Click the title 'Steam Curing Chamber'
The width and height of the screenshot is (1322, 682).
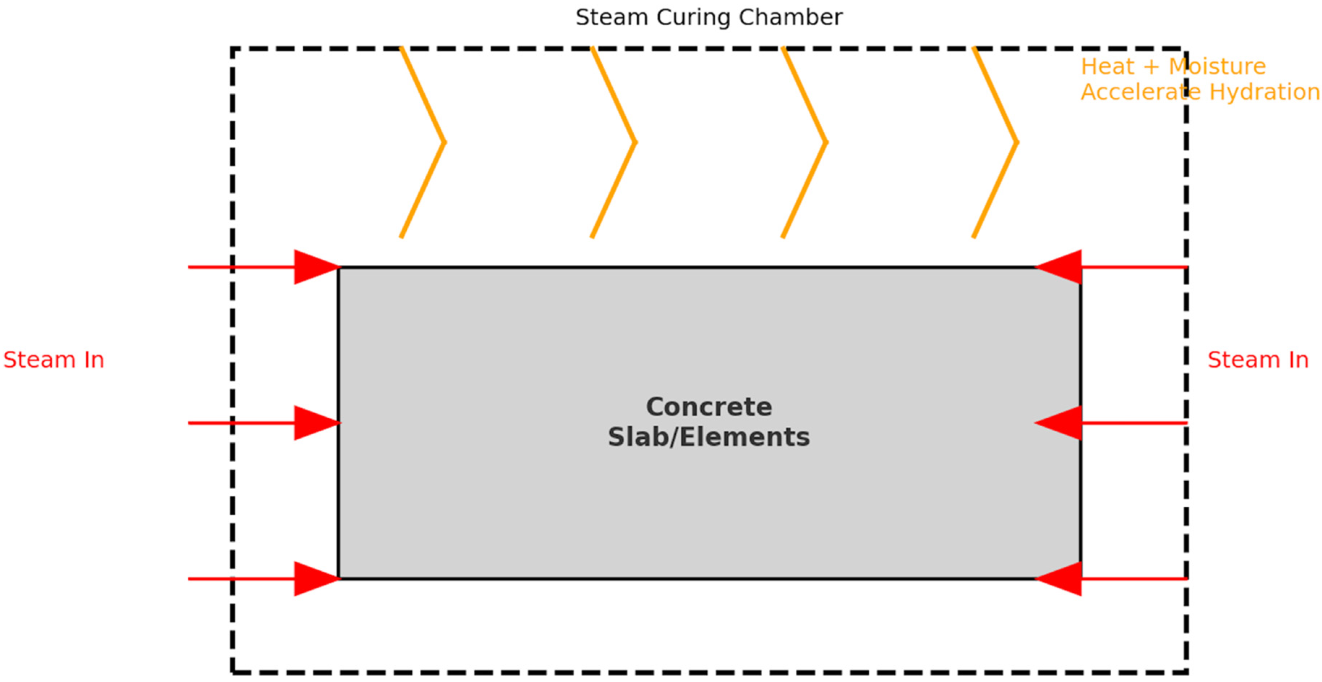click(709, 17)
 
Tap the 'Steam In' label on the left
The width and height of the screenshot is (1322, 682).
click(54, 360)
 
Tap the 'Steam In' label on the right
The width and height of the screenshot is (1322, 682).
click(1258, 360)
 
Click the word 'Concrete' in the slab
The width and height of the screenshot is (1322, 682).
click(709, 407)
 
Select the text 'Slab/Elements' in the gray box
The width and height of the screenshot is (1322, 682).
click(709, 437)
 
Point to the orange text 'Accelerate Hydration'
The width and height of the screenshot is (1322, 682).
click(1200, 92)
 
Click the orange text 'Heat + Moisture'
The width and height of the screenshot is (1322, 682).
click(1173, 67)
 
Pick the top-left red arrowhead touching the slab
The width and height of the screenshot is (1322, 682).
click(314, 267)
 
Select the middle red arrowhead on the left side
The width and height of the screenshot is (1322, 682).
click(314, 423)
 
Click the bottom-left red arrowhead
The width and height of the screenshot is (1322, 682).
click(314, 579)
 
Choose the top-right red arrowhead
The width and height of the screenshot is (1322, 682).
click(1061, 267)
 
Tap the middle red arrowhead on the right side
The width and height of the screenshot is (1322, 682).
click(1061, 423)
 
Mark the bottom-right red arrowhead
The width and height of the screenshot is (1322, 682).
click(1061, 579)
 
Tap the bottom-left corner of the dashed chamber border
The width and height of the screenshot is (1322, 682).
click(233, 672)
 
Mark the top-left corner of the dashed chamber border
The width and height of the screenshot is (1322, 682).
click(233, 49)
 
